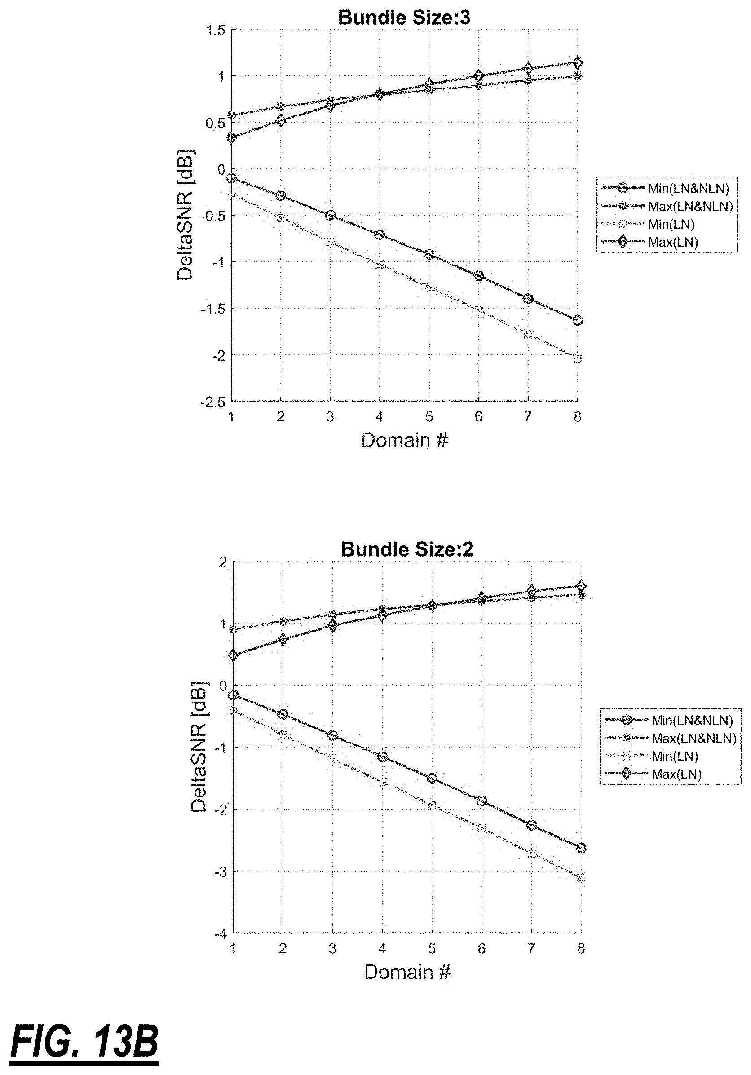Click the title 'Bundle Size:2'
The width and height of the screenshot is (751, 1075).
[407, 549]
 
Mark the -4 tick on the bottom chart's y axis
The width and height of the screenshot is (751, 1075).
[221, 933]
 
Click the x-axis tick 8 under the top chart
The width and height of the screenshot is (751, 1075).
[577, 417]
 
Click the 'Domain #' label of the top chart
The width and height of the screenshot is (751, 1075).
[405, 440]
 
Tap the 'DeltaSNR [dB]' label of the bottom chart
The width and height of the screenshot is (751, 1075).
[199, 748]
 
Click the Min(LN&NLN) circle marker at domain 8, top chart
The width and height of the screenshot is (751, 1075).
[577, 320]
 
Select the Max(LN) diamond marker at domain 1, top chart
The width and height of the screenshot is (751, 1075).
[231, 138]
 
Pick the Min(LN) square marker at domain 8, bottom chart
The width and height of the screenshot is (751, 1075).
[581, 877]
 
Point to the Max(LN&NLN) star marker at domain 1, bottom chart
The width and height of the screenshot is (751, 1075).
[233, 629]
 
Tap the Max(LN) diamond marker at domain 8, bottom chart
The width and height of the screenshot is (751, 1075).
[581, 586]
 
